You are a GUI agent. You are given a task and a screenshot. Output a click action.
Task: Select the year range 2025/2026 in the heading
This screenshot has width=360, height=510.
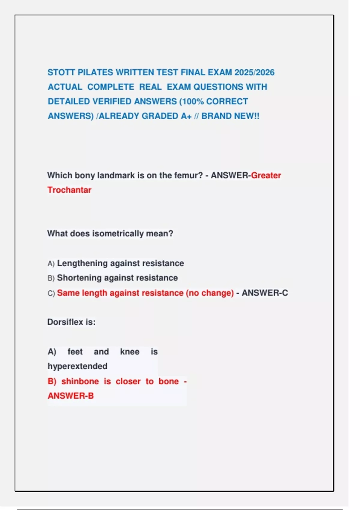tap(254, 73)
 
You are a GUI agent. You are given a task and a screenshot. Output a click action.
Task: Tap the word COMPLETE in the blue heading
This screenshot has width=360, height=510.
tap(111, 87)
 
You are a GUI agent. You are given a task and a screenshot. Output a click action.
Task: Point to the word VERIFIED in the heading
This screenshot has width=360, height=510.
tap(112, 101)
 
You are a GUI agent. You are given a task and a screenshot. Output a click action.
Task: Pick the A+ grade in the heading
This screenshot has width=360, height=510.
tap(186, 116)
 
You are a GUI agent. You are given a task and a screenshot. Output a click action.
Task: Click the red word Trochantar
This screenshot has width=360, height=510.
tap(69, 190)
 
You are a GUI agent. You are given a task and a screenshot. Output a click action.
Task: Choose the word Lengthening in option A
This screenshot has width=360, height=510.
tap(82, 263)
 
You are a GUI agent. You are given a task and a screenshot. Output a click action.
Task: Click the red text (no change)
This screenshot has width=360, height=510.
tap(210, 293)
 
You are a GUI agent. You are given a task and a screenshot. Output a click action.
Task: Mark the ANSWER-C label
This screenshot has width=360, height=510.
tap(265, 293)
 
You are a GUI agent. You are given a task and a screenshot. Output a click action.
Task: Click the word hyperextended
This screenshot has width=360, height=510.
tap(77, 366)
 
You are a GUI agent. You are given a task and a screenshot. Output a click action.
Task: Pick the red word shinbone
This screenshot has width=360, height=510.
tap(80, 381)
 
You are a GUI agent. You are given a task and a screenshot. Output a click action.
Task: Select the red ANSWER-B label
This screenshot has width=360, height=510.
tap(70, 396)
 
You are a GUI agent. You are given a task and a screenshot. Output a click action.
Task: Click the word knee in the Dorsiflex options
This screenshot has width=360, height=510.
tap(130, 352)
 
